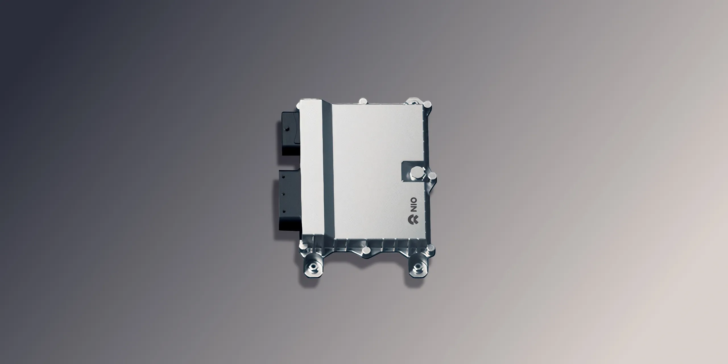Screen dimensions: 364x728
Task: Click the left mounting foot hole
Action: pyautogui.click(x=313, y=267)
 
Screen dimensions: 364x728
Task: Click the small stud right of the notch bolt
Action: pyautogui.click(x=432, y=175)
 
